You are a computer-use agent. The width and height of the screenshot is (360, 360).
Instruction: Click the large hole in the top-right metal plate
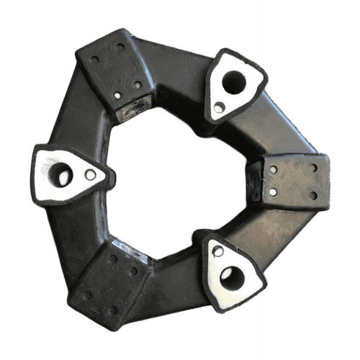[x=233, y=82]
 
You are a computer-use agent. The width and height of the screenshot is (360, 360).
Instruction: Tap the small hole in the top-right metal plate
[x=219, y=107]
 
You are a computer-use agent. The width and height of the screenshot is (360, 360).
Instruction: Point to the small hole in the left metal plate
[x=90, y=174]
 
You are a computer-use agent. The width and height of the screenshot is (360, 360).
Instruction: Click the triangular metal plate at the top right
[x=230, y=88]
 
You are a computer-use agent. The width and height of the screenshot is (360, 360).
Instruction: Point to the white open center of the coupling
[x=176, y=176]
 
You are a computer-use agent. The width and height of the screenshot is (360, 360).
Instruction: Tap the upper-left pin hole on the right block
[x=274, y=170]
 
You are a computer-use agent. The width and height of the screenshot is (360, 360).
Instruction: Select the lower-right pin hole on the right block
[x=312, y=195]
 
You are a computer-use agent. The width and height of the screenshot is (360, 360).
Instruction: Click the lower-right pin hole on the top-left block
[x=137, y=85]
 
